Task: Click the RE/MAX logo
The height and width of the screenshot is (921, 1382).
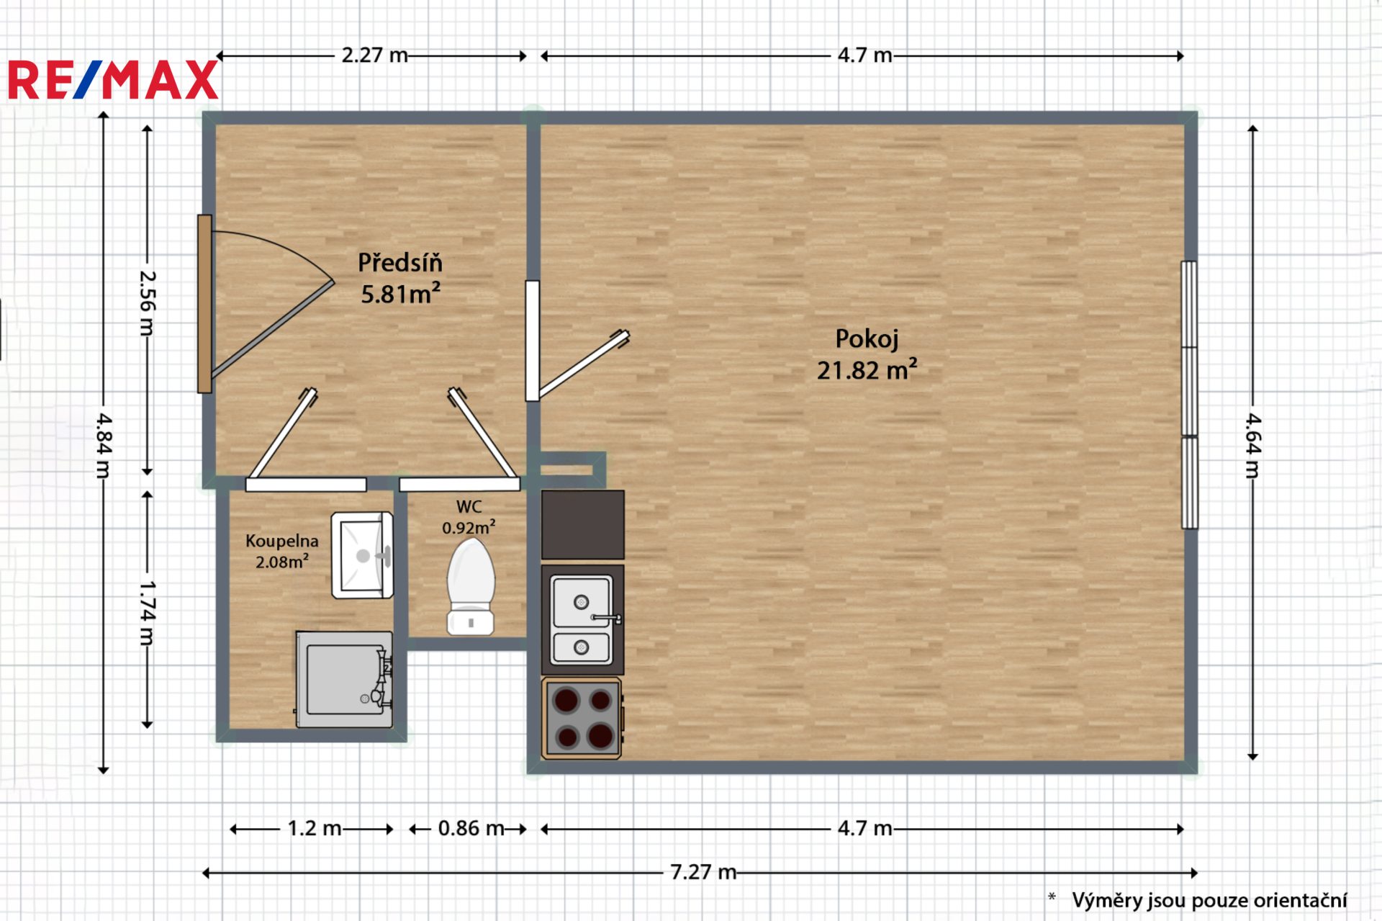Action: [113, 80]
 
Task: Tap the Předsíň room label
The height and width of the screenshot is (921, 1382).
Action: [400, 263]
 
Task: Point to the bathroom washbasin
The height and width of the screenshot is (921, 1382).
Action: [362, 555]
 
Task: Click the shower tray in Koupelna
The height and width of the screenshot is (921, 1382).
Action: [344, 680]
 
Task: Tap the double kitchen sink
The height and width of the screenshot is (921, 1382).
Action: [582, 620]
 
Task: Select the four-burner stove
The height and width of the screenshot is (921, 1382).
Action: [582, 718]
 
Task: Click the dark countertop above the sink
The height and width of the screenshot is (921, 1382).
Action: [582, 524]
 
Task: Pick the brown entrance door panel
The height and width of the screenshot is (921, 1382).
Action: [205, 303]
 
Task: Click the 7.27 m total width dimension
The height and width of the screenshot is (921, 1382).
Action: [703, 872]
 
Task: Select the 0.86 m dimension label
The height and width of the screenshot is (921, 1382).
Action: [471, 828]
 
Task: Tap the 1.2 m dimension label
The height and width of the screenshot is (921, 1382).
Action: [315, 828]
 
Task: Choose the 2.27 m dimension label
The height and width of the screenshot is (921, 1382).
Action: [374, 55]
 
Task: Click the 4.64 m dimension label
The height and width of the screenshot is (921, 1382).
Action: [1253, 446]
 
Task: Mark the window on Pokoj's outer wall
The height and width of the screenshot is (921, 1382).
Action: [1190, 395]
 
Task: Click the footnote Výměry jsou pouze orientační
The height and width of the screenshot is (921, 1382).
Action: [1209, 900]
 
